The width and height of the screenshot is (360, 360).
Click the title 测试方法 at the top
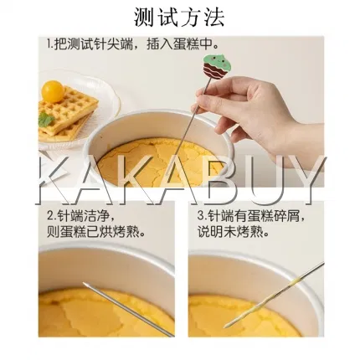[x=179, y=18]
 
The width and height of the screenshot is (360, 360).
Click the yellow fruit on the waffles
[x=53, y=91]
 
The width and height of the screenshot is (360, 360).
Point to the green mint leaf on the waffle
[x=46, y=120]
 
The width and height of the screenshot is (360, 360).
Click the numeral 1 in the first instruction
[x=49, y=44]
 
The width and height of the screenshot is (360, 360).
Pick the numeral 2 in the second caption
[x=50, y=216]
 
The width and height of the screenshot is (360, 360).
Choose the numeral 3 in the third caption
[x=201, y=216]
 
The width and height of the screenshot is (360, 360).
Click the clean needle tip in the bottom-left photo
[x=85, y=284]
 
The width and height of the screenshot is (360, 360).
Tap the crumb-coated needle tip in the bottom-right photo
[x=226, y=327]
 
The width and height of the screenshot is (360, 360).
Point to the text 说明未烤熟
[x=230, y=232]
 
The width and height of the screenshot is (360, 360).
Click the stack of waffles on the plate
[x=67, y=115]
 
